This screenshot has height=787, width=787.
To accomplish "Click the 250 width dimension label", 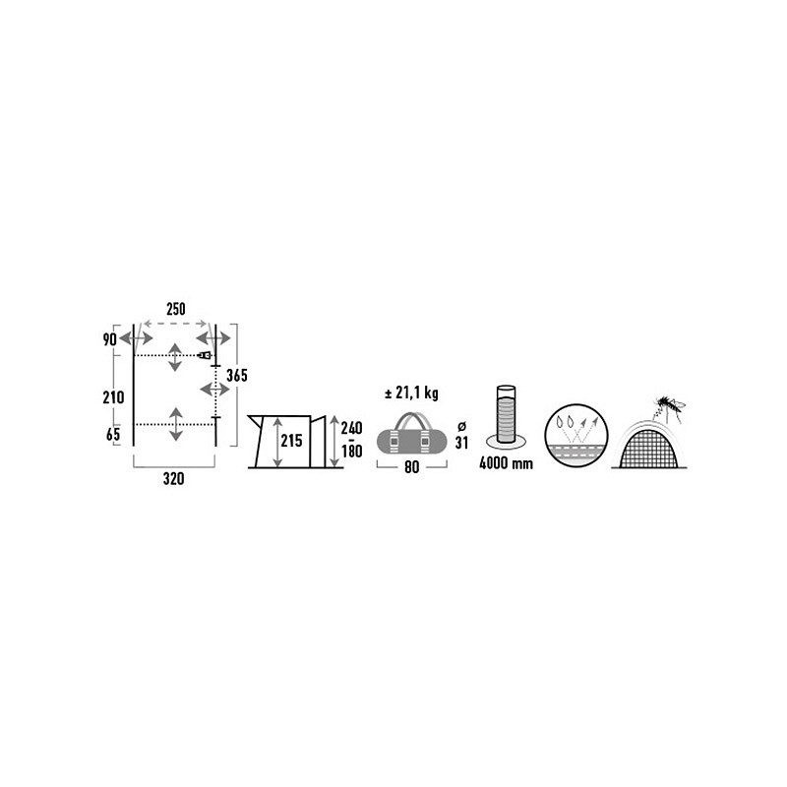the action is coord(176,309).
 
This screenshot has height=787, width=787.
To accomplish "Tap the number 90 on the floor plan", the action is coord(109,339).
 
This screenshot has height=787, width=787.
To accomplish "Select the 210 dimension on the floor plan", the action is coord(113,397).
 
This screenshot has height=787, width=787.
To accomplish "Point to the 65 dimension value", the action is coord(113,435).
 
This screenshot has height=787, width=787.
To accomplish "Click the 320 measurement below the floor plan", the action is coord(173,479).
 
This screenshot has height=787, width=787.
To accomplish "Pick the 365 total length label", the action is coord(237,376).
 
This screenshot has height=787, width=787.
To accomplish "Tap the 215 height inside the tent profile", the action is coord(291,441).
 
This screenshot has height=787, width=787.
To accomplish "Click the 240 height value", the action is coord(351,428).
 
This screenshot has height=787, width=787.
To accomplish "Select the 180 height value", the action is coord(351,452).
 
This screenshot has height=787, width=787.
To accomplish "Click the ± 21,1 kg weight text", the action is coord(411,393).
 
